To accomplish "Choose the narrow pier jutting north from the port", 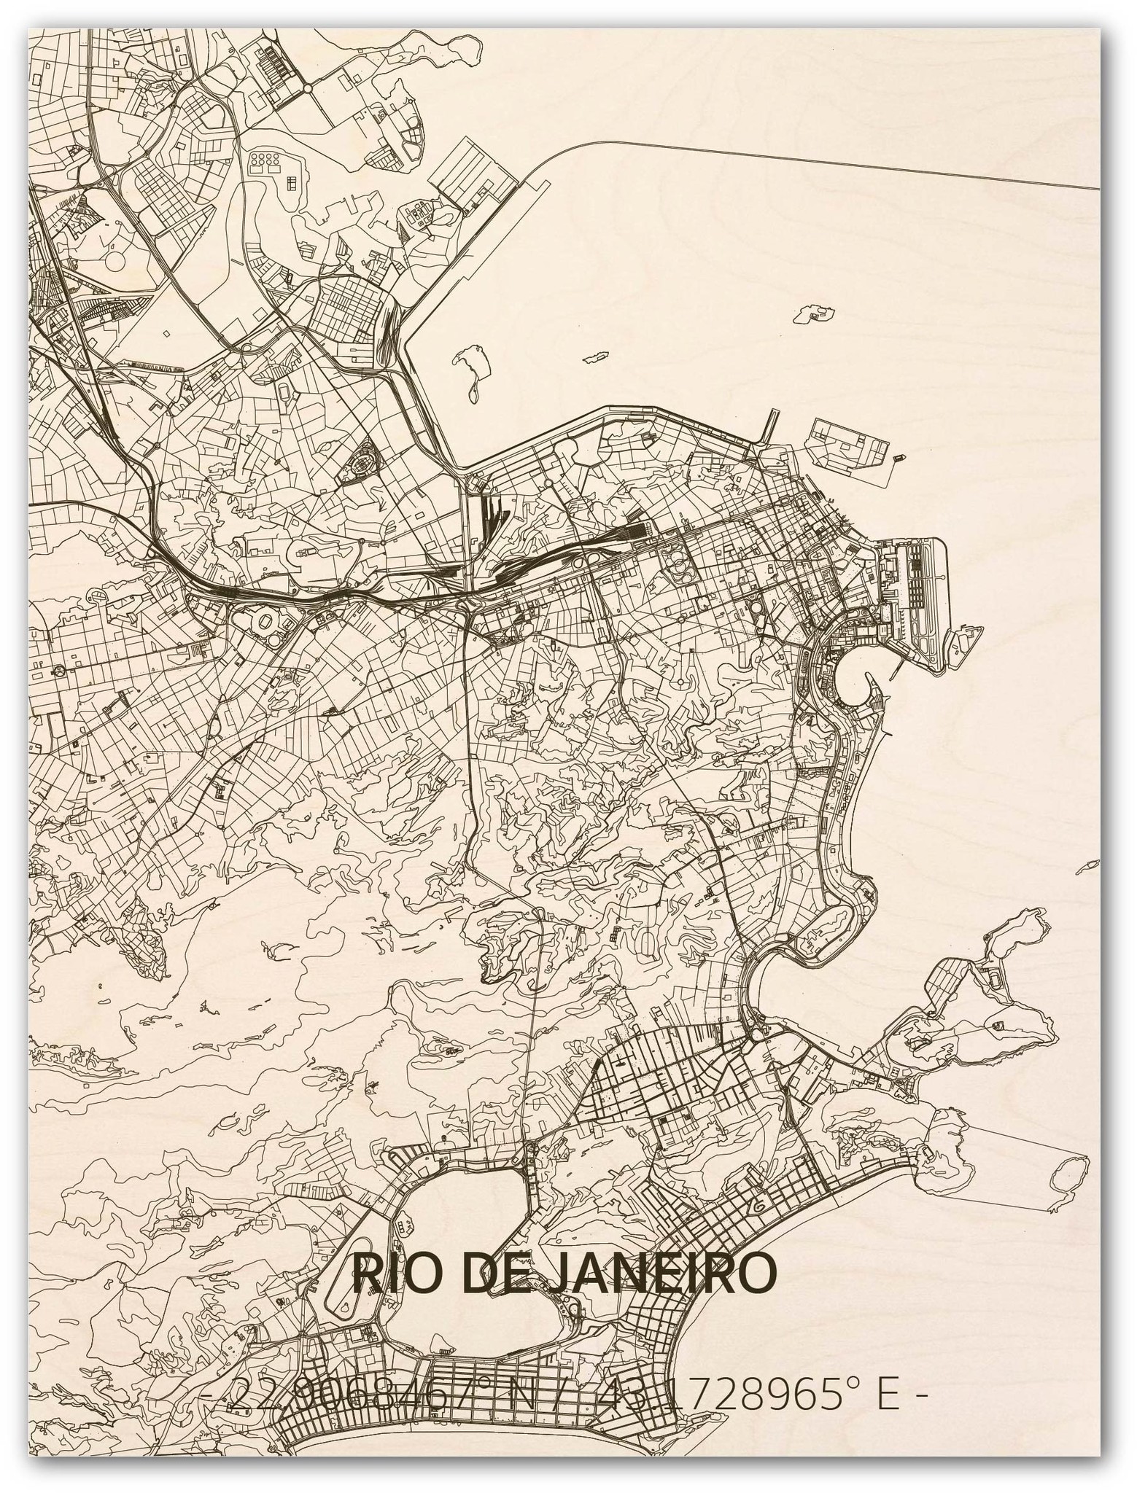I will pyautogui.click(x=770, y=426).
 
